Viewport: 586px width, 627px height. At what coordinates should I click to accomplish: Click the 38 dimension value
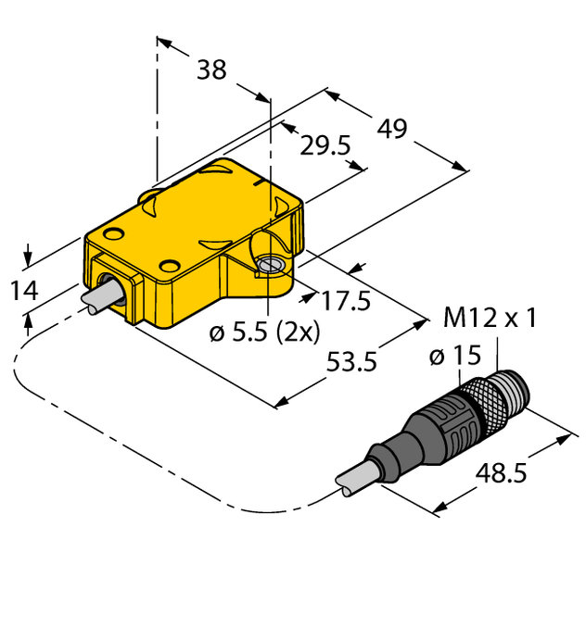[x=211, y=70]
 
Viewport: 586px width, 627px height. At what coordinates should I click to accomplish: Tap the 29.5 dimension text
[x=325, y=145]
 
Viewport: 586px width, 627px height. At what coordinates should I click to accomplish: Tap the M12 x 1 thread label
[x=490, y=318]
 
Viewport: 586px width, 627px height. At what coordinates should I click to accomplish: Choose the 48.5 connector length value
[x=502, y=473]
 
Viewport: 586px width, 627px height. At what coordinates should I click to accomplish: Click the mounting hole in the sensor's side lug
[x=270, y=266]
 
